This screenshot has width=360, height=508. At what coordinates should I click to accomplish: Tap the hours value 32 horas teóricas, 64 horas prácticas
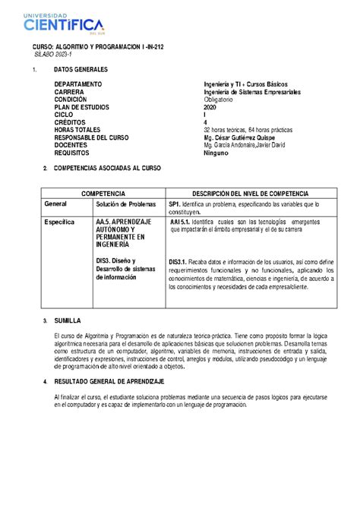251,130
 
